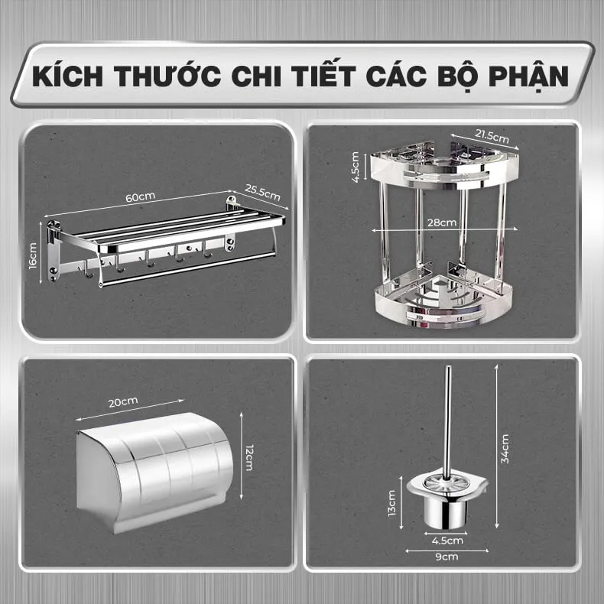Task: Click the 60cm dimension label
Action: point(140,196)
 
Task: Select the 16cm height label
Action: point(33,256)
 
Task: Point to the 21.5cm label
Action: point(492,137)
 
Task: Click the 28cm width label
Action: point(442,222)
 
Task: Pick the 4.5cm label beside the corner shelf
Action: point(356,167)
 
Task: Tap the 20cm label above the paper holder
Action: point(123,402)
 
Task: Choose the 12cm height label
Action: point(249,457)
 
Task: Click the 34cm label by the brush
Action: point(505,449)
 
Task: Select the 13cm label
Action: point(391,502)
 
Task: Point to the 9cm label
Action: point(447,557)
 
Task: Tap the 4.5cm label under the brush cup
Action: point(447,541)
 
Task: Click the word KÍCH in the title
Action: point(68,76)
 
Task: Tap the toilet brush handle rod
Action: point(447,424)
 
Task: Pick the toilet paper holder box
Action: point(155,473)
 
